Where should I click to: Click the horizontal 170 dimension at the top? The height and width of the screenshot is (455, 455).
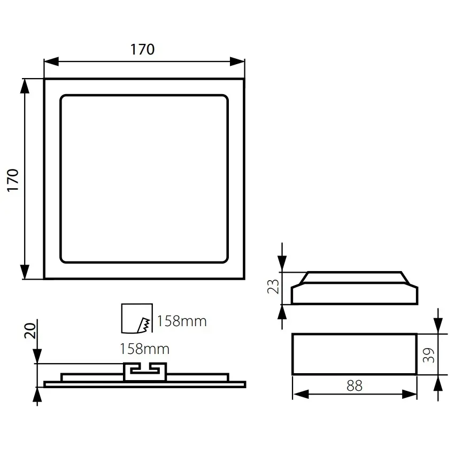[143, 49]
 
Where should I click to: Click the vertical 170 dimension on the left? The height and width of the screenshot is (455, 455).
[13, 180]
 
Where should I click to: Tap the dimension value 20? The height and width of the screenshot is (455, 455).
[30, 331]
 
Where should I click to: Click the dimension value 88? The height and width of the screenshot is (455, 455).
[354, 385]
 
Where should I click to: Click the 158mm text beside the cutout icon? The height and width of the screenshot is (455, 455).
[182, 321]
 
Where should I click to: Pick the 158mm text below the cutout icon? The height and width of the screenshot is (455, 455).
[144, 349]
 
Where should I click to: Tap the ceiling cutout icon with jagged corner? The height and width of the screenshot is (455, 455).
[137, 318]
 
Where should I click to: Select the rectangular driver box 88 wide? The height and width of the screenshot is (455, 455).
[354, 354]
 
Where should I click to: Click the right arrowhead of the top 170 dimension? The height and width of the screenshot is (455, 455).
[238, 61]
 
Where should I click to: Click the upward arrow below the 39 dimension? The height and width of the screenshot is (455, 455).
[438, 382]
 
